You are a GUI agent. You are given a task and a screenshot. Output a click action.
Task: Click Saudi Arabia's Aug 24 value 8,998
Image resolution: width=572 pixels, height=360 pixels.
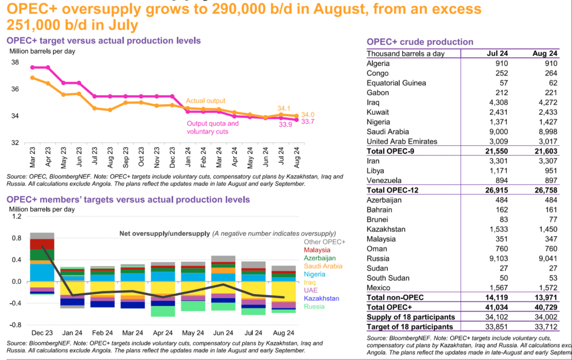click(545, 132)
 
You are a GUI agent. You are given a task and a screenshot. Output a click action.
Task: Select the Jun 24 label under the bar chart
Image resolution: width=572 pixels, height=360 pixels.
click(222, 333)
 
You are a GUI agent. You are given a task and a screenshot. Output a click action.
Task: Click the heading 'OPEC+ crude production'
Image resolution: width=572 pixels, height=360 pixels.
click(420, 42)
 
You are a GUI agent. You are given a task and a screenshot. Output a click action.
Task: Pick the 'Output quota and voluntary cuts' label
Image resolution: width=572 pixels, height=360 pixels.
click(213, 127)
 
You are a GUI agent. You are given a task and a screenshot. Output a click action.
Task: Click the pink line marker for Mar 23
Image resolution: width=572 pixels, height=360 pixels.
click(33, 68)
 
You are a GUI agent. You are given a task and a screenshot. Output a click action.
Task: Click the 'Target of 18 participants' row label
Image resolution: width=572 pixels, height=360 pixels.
click(409, 327)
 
